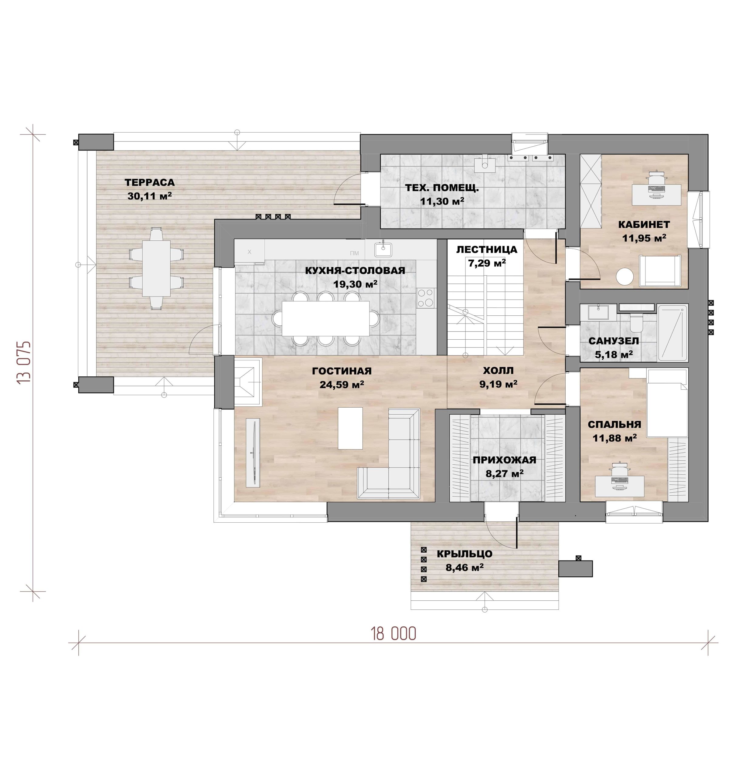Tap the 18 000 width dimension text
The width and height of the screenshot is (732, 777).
coord(393,634)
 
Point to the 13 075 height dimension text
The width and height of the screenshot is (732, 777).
coord(24,362)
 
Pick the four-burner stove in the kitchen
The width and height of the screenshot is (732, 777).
coord(426,298)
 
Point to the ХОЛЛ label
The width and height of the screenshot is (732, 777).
coord(498,370)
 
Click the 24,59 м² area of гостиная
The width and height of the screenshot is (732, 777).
coord(342,385)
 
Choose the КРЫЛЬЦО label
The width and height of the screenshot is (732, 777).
coord(465,554)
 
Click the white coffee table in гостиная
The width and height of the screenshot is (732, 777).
coord(350,428)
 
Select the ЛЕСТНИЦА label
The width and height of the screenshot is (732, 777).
coord(487,249)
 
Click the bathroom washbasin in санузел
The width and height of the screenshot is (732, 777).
coord(594,312)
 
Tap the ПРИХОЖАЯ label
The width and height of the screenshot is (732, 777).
coord(504,460)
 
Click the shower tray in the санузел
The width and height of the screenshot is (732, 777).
coord(672,333)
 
